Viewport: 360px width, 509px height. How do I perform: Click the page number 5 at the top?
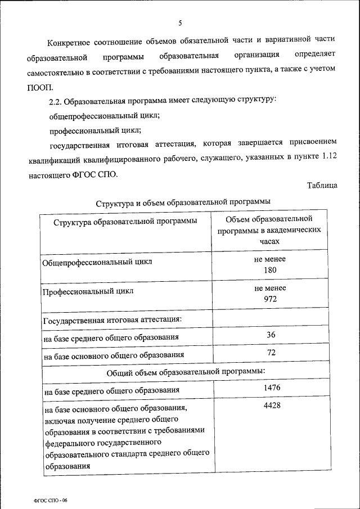pos(180,23)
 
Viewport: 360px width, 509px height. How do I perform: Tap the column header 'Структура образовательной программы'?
pos(125,221)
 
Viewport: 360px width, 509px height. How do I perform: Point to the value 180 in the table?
pos(270,270)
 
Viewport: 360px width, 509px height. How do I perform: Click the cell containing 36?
pos(270,335)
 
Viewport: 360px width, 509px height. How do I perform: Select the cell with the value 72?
pos(270,353)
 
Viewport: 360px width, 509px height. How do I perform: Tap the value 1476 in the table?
pos(270,388)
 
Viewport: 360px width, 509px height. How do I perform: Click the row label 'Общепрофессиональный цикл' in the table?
pos(97,263)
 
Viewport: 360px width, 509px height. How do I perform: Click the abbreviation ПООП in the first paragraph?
pos(39,87)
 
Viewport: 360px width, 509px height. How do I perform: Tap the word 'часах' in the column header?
pos(270,240)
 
